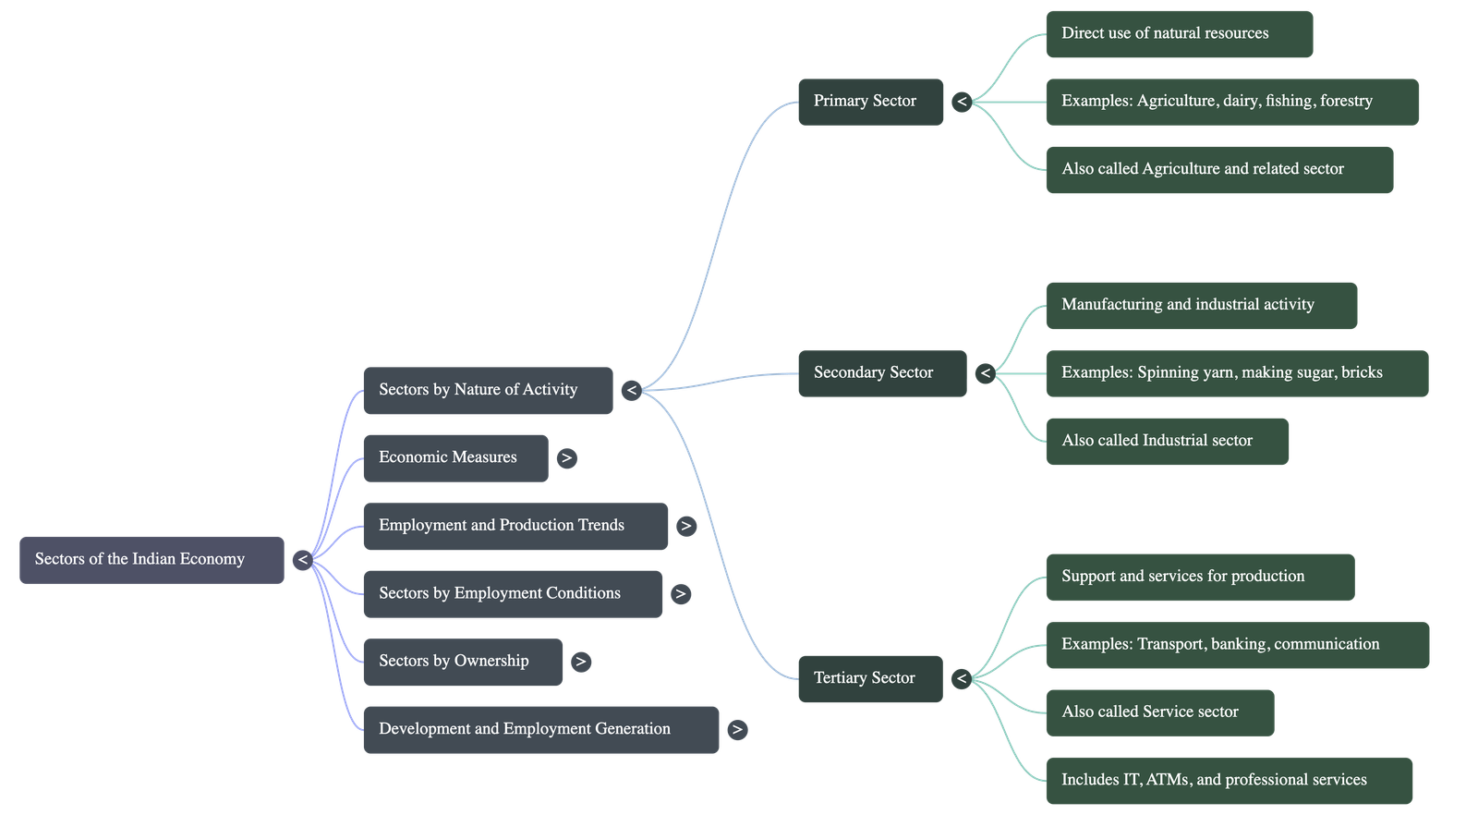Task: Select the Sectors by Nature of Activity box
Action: click(488, 390)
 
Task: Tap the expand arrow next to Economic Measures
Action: click(567, 457)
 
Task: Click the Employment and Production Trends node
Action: click(515, 526)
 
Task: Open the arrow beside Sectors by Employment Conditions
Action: click(681, 593)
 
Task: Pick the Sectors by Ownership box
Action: click(462, 662)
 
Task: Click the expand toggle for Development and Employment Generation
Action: click(736, 729)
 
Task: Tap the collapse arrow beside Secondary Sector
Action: click(986, 373)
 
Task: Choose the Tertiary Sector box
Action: click(869, 678)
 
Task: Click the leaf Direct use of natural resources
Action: click(1179, 34)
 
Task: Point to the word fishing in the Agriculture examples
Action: click(1290, 101)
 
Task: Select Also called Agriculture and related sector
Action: click(1218, 169)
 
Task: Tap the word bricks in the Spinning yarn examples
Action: click(1363, 372)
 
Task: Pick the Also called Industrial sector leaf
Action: click(1167, 441)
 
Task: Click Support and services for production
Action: click(1199, 577)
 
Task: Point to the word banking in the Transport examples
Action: click(1237, 644)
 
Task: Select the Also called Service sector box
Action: click(1159, 712)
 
